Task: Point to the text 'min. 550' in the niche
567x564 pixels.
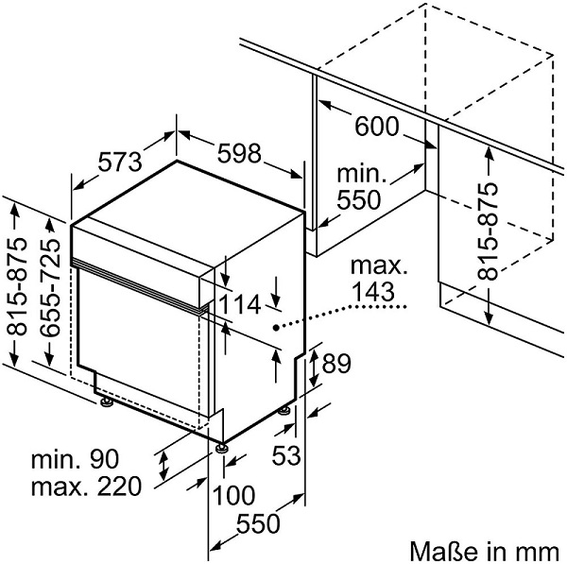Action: click(x=360, y=187)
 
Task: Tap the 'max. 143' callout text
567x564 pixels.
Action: click(x=376, y=281)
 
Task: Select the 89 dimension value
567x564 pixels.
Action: click(x=335, y=362)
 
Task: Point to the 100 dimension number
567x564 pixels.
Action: click(x=233, y=494)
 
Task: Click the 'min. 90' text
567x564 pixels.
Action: click(x=75, y=461)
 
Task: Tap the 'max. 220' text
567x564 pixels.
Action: click(x=85, y=487)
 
